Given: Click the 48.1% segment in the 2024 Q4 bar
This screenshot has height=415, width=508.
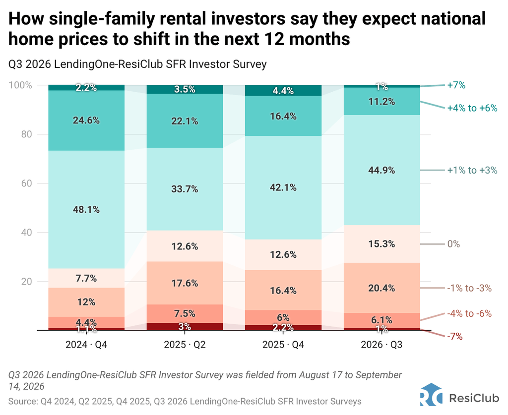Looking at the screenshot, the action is coord(86,209).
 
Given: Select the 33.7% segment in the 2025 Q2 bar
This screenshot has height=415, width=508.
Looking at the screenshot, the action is coord(185,189).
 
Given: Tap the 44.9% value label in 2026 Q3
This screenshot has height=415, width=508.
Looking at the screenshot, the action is coord(381,170).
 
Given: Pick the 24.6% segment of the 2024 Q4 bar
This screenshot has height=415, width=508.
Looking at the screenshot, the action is coord(86,120).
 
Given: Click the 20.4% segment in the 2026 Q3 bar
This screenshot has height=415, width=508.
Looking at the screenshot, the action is coord(381,288).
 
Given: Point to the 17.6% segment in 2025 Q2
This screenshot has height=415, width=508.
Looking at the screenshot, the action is coord(185,283).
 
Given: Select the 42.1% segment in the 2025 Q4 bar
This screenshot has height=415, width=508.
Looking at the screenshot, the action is coord(283,188).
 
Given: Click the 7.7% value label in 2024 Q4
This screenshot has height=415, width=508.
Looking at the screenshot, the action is coord(86,278).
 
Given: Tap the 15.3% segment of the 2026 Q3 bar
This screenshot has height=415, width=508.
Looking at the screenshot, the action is coord(381,244).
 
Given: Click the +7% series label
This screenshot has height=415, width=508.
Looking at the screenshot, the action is coord(456,85).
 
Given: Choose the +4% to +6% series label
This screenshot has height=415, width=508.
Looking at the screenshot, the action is coord(472,108).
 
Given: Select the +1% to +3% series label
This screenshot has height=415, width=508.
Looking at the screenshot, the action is coord(472,170).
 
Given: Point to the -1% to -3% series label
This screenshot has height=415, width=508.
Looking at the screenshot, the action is coord(469,288).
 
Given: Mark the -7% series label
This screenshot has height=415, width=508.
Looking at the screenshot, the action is coord(455,337).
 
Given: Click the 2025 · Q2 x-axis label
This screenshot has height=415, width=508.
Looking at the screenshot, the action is coord(185,345).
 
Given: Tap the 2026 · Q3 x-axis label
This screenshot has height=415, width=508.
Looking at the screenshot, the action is coord(381,345).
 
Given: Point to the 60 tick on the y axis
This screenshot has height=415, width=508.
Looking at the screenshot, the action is coord(27,183).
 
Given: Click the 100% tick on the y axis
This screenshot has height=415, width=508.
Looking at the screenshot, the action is coord(20,85).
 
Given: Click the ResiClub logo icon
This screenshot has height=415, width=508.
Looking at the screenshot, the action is coord(431,395).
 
